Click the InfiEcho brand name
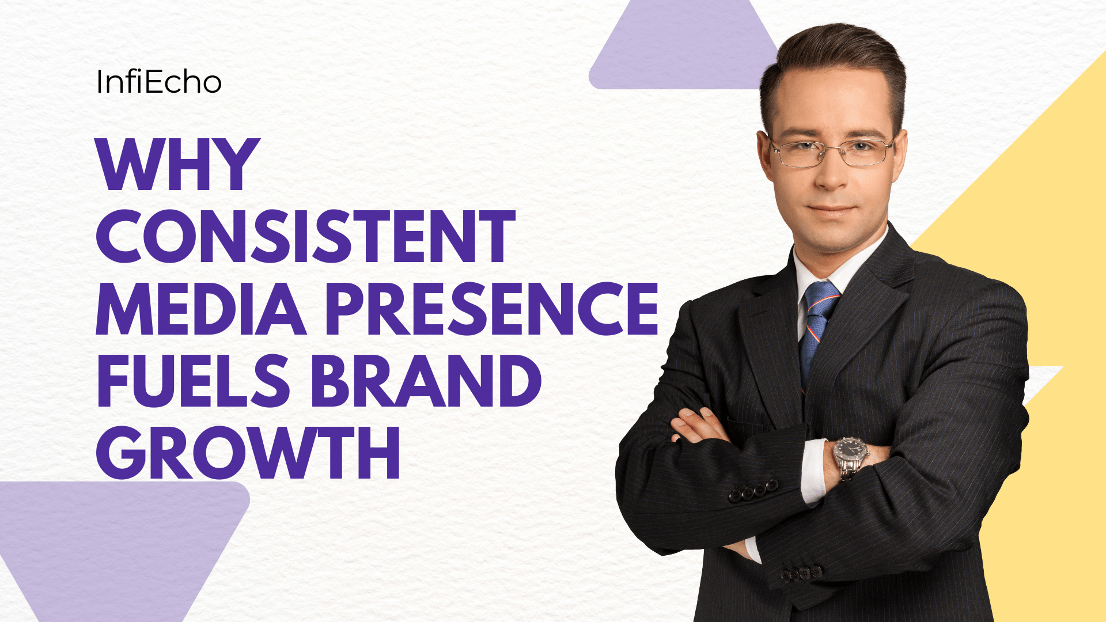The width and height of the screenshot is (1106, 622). [159, 82]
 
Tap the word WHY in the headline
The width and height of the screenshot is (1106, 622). [178, 165]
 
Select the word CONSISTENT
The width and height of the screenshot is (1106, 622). [305, 236]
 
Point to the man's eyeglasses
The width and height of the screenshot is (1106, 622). [831, 151]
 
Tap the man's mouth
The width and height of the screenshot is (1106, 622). [834, 211]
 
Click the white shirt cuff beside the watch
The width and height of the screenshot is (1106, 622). [813, 472]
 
